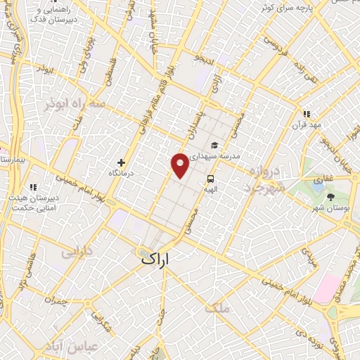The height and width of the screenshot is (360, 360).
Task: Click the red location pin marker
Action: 180,165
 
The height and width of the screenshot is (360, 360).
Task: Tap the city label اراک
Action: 155,259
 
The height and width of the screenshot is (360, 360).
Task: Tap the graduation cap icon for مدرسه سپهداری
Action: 214,146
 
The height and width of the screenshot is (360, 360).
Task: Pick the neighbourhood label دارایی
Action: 77,252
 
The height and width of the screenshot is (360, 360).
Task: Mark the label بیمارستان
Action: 13,160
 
